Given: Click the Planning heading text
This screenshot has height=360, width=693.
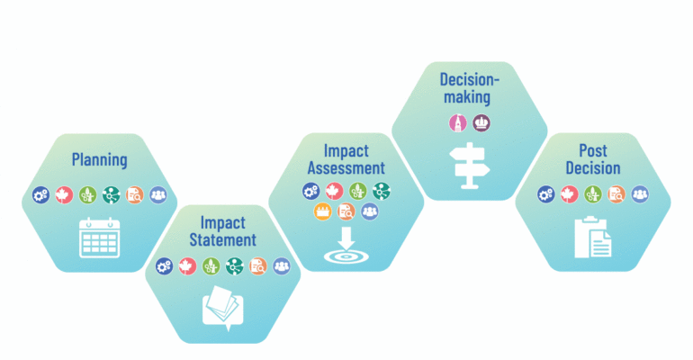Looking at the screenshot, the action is (x=99, y=160).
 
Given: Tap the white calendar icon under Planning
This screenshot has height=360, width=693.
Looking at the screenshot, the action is (x=99, y=238).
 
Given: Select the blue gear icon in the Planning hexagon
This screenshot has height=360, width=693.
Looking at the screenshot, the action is (x=41, y=194).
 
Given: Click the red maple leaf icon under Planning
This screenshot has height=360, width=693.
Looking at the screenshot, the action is (x=64, y=194).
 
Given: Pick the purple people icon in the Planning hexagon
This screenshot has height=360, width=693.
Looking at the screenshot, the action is (x=158, y=194).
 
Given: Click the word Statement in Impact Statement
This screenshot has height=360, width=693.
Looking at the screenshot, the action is (x=223, y=240).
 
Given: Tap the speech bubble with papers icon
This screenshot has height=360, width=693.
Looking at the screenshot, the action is (x=223, y=309).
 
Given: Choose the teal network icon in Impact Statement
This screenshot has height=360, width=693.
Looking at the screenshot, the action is (x=235, y=266).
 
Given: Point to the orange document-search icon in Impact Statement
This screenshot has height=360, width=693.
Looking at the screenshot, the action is (x=258, y=266).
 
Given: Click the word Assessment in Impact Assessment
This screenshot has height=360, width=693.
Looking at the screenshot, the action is (x=346, y=168).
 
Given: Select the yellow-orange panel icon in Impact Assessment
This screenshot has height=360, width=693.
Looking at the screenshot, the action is (x=322, y=211).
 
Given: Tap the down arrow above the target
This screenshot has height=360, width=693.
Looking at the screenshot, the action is (x=346, y=238).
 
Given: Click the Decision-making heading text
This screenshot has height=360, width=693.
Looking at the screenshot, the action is (x=469, y=88).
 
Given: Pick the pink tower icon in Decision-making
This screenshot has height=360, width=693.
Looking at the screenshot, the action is (x=458, y=122).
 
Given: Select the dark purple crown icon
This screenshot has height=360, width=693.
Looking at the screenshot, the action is (x=481, y=122).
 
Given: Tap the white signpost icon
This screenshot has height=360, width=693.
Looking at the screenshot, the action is (x=470, y=166).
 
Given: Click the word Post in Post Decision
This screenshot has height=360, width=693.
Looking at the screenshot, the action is (x=593, y=151).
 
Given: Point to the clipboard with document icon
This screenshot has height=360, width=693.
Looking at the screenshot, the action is (x=593, y=237).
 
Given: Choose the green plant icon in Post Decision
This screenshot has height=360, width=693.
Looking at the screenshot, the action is (x=593, y=194).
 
